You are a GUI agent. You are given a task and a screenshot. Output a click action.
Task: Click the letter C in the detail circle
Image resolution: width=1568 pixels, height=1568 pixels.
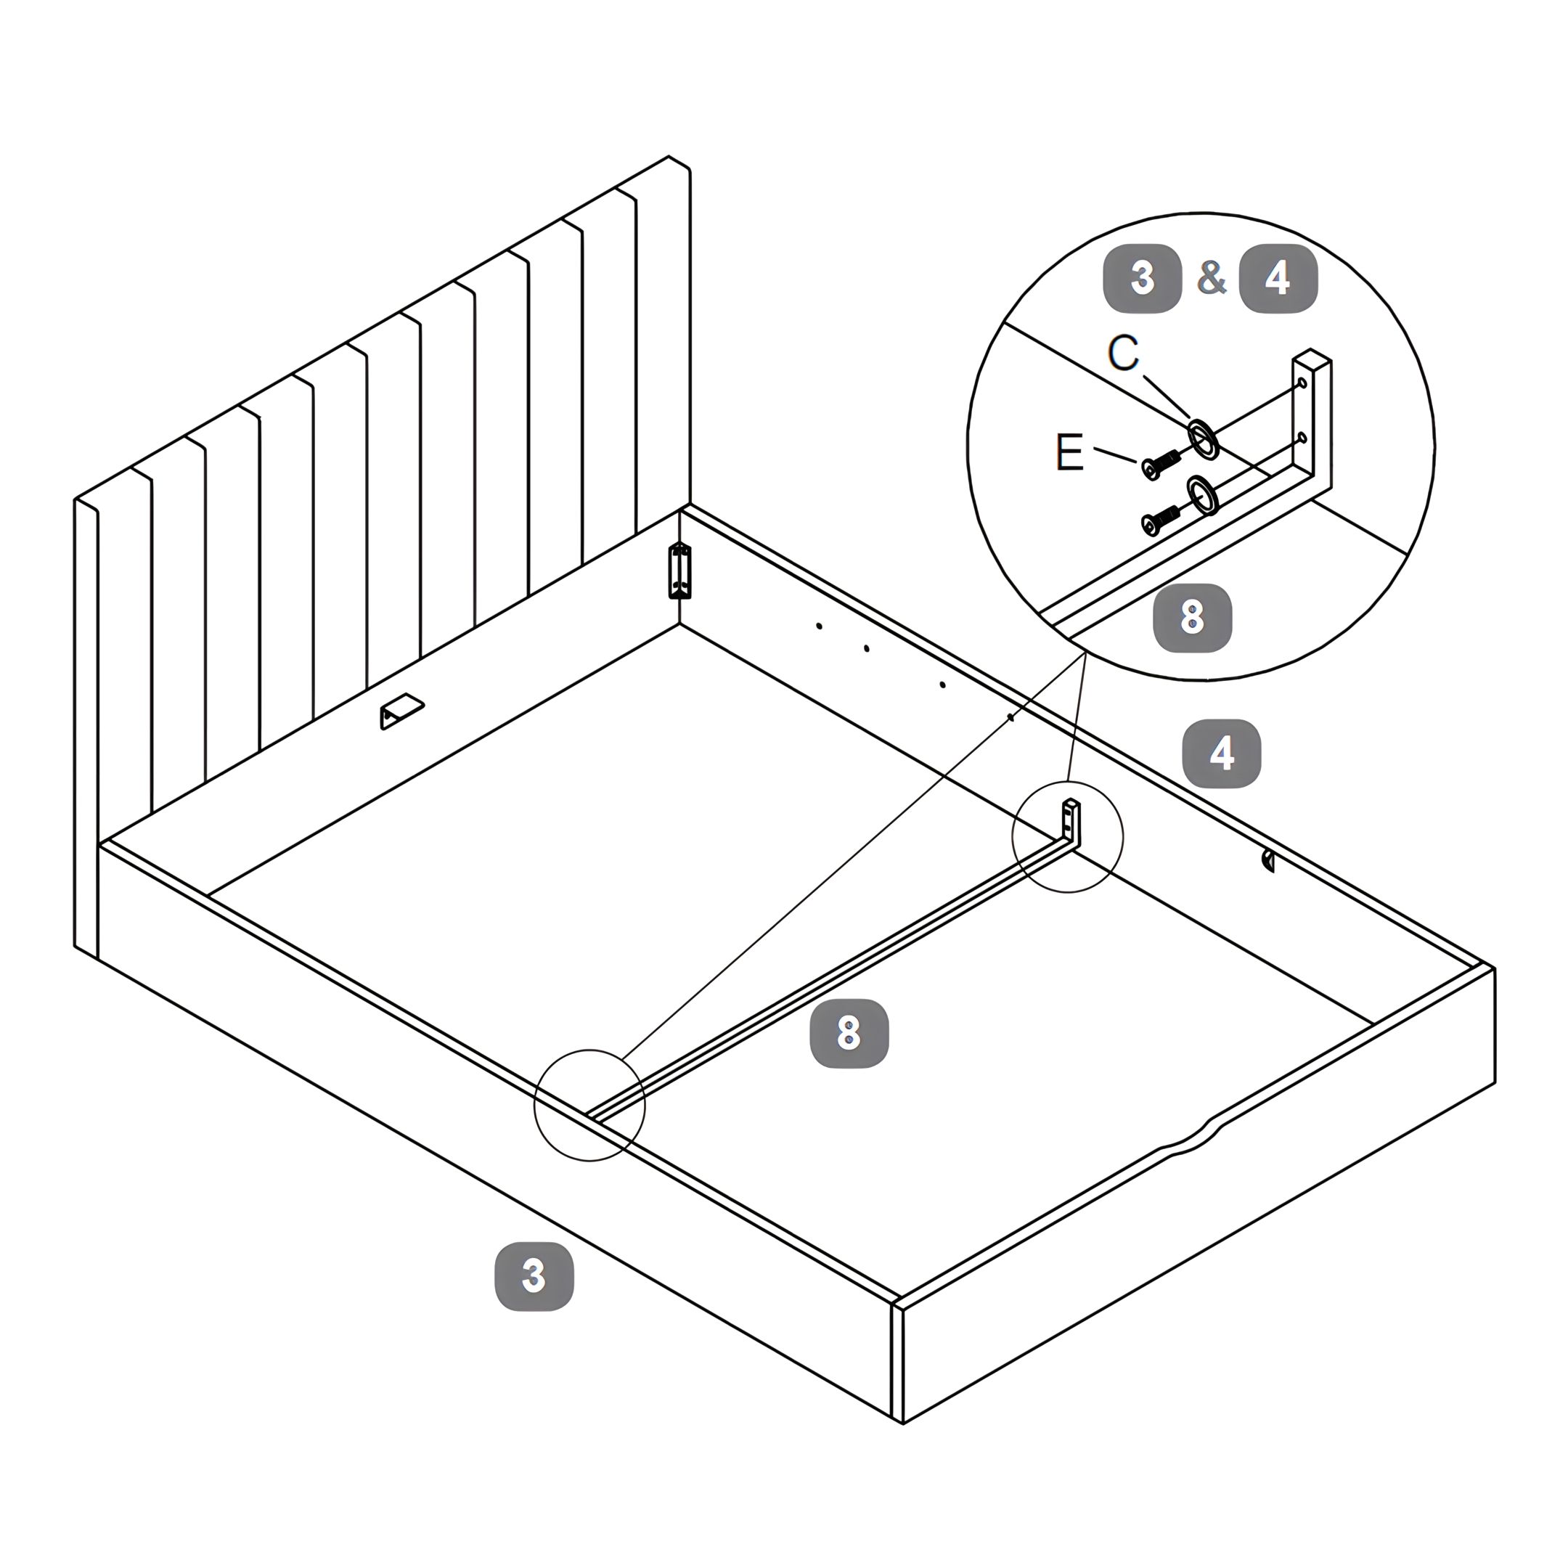1123,353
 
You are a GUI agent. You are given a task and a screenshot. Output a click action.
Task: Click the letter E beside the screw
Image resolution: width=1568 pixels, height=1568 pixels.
1070,452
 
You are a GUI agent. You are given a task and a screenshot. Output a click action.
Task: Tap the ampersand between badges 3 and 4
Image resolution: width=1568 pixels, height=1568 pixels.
1211,277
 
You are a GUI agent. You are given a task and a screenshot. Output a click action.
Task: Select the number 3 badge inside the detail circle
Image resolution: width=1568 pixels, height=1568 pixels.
1142,278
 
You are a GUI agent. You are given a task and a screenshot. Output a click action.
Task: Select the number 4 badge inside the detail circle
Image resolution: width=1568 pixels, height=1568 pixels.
1278,278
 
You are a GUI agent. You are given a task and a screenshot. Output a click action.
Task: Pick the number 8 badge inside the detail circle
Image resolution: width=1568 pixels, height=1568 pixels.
1192,618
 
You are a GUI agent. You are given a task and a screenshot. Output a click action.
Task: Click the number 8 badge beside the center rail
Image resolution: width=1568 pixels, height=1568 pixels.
849,1033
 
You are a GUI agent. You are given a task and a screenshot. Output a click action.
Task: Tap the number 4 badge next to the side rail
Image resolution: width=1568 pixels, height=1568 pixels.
1222,754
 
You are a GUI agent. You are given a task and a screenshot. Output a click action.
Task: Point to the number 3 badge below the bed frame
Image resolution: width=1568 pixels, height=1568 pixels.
534,1277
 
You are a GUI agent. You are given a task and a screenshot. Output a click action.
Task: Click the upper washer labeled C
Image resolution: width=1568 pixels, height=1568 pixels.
1203,439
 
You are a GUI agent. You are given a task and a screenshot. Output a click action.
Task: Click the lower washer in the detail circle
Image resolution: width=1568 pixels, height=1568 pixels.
1203,495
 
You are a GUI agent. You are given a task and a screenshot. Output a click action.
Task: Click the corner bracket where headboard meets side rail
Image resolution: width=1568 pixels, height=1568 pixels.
680,571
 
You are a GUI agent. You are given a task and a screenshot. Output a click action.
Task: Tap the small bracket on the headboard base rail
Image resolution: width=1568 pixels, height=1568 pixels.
401,711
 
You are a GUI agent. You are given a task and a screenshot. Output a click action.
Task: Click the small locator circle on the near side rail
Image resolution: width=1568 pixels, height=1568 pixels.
589,1105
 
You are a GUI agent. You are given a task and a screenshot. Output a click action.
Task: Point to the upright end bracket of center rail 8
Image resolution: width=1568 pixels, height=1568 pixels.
1072,824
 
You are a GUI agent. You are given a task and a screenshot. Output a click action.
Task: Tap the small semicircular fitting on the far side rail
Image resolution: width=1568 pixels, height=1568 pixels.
1267,861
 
